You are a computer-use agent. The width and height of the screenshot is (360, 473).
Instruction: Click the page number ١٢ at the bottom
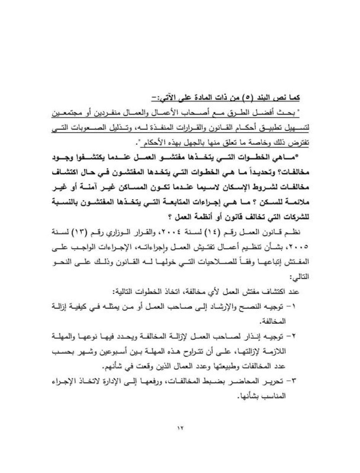(180, 427)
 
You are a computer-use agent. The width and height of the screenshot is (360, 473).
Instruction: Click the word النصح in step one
(252, 306)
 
